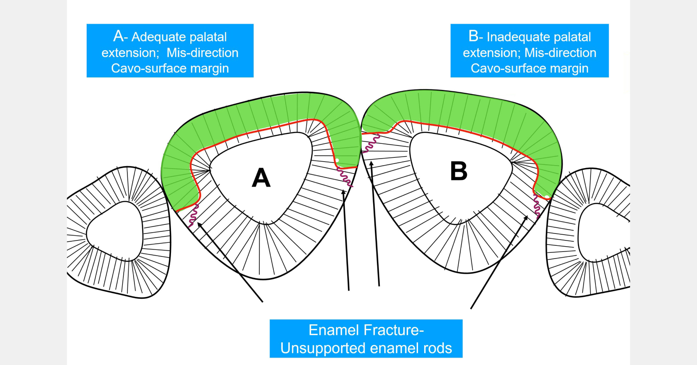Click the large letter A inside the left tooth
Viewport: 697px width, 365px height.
(x=261, y=178)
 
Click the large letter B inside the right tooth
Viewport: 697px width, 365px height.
(x=459, y=171)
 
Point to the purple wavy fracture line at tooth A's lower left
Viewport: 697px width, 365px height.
(x=193, y=215)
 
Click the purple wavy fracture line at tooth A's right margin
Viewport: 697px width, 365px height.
(x=345, y=177)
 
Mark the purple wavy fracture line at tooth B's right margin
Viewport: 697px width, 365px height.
(x=537, y=206)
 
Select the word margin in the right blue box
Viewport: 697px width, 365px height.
(x=569, y=68)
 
